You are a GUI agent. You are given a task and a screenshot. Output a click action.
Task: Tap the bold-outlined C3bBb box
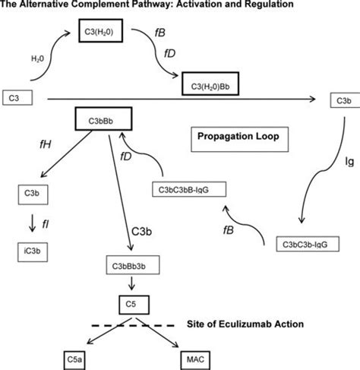click(x=105, y=119)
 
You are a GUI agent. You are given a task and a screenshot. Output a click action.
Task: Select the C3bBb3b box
click(x=133, y=265)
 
